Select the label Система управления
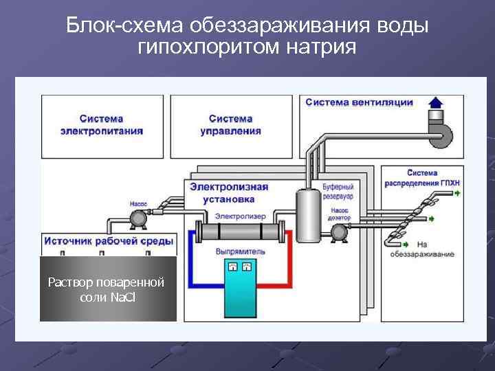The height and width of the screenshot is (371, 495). coord(231,124)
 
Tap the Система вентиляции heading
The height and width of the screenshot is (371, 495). coord(359,102)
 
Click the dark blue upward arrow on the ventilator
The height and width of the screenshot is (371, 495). coord(436,104)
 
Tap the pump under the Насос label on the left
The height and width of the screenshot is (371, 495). coord(137,219)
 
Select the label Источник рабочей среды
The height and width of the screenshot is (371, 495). coord(109,241)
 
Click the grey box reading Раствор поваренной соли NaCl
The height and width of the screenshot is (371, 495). coord(108,289)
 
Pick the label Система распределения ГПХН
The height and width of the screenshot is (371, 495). coord(431,177)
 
